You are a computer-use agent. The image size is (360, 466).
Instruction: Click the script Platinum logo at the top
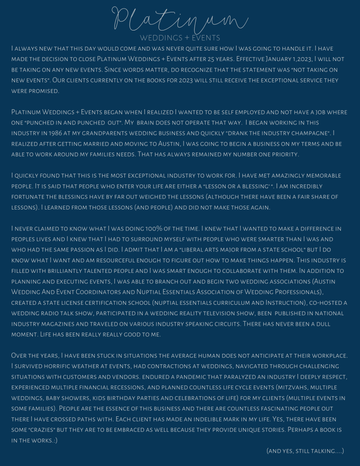click(180, 19)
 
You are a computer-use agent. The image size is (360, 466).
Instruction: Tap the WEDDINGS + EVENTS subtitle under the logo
click(180, 38)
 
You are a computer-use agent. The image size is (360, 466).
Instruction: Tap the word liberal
click(202, 249)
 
